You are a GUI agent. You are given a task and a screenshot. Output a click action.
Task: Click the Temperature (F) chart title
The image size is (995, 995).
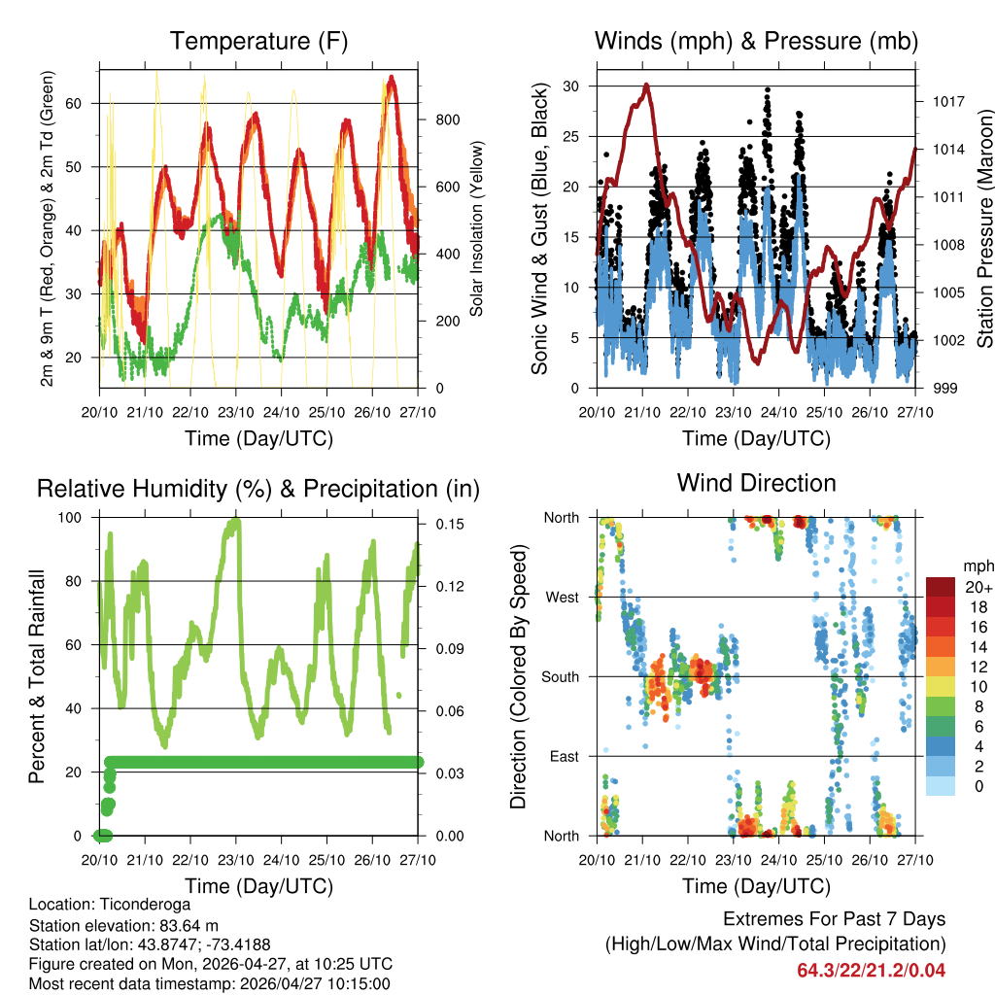point(258,41)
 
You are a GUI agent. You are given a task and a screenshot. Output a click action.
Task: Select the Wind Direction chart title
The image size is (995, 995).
point(756,482)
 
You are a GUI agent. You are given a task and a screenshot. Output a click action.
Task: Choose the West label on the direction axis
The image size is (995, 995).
point(563,597)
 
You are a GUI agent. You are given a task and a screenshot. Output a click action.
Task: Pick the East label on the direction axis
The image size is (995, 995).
point(566,756)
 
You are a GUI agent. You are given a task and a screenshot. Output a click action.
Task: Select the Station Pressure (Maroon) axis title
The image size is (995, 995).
point(983,229)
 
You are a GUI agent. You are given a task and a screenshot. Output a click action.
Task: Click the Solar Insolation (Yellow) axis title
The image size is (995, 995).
point(477,229)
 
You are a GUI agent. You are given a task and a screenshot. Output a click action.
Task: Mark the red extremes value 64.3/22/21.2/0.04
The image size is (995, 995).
point(872,970)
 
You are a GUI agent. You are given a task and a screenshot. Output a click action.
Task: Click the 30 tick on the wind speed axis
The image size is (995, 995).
point(570,86)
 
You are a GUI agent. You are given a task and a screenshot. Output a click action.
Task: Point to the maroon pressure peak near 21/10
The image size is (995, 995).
point(646,86)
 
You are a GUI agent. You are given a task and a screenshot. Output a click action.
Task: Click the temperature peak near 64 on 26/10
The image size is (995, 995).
point(392,77)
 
